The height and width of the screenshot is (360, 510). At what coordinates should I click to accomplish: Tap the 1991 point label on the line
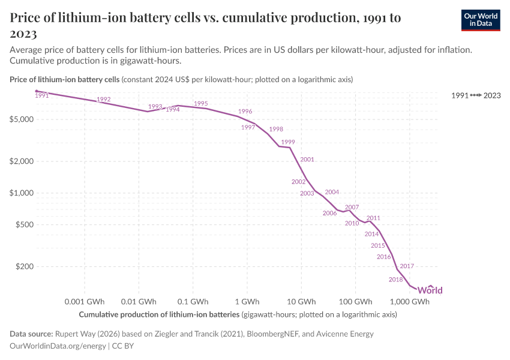(x=42, y=95)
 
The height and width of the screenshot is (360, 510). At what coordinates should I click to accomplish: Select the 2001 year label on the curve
(x=307, y=160)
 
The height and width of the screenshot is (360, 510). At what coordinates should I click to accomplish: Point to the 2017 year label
(x=407, y=266)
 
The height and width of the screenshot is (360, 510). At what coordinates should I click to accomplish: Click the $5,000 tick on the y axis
(x=22, y=119)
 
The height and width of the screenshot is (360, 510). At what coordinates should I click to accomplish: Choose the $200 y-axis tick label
(x=25, y=266)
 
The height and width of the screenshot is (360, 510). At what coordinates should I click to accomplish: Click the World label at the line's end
(x=430, y=290)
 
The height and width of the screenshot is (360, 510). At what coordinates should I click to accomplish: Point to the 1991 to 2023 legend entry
(x=476, y=95)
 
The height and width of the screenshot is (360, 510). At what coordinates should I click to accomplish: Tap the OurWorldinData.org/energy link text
(x=58, y=346)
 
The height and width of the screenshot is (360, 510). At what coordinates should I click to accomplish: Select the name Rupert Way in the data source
(x=75, y=334)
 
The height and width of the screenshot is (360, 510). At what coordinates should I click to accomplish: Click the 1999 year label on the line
(x=288, y=142)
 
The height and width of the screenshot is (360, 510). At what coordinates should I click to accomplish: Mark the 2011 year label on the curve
(x=373, y=218)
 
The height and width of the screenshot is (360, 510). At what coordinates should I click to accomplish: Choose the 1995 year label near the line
(x=201, y=103)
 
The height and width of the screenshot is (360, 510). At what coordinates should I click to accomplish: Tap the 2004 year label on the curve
(x=332, y=192)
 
